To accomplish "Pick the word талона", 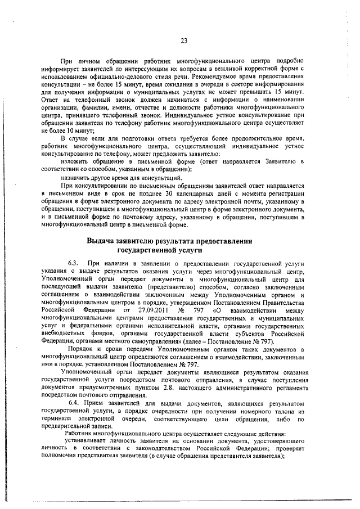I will (277, 411).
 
